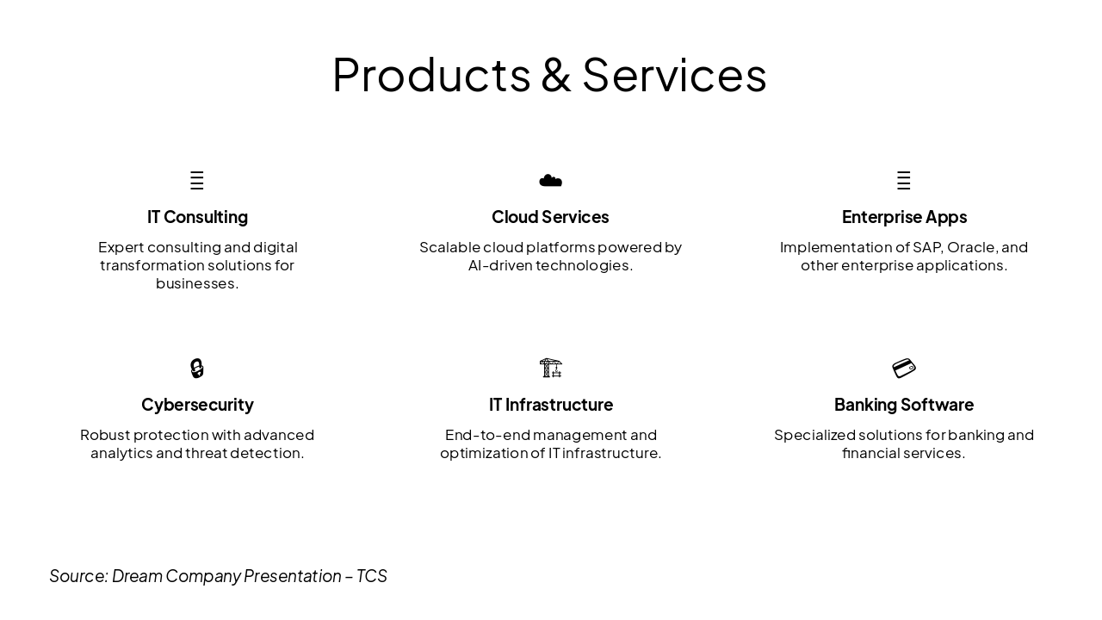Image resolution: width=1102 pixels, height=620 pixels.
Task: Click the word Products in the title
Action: [x=430, y=75]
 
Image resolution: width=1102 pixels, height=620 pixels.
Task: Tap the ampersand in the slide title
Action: [x=556, y=75]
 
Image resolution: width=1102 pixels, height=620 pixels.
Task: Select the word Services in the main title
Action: [x=674, y=75]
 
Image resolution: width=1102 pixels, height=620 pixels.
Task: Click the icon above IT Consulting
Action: [x=197, y=181]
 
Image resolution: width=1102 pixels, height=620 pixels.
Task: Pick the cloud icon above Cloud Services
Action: [x=550, y=181]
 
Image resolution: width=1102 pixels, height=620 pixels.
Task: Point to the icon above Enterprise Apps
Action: [x=903, y=181]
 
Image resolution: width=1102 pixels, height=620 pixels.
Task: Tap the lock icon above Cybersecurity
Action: [x=197, y=369]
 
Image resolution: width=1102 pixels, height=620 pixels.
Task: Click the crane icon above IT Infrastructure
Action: [x=550, y=369]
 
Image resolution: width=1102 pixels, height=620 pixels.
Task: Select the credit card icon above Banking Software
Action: [x=903, y=369]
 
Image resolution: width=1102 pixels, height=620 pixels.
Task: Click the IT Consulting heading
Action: [x=197, y=217]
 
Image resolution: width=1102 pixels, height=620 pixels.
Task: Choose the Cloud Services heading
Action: [x=550, y=217]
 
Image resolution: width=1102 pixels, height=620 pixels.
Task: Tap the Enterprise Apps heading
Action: [x=904, y=217]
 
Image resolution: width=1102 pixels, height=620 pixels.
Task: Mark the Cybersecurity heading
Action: [x=197, y=405]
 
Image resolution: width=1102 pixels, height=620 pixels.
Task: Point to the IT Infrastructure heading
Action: [x=551, y=405]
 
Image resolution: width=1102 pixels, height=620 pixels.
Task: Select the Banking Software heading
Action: [x=904, y=405]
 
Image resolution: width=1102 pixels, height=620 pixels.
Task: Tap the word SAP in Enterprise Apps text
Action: [x=926, y=248]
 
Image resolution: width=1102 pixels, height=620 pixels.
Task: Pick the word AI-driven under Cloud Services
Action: [x=499, y=266]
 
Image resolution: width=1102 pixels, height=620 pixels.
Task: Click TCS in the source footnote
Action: [x=372, y=576]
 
